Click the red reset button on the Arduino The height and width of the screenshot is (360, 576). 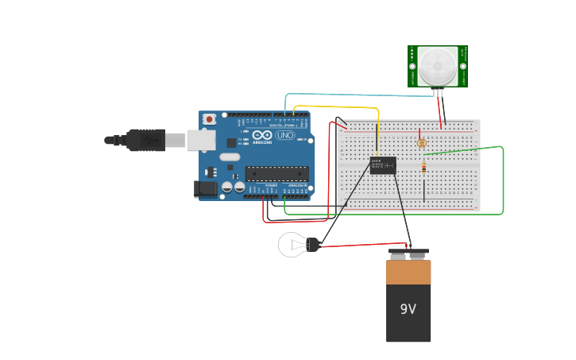(x=209, y=119)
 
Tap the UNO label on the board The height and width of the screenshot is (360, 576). (x=284, y=136)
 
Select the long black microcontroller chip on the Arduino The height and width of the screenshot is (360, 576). (x=276, y=173)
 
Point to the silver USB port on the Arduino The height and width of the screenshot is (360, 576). (x=201, y=141)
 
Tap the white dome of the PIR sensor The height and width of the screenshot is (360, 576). (x=437, y=65)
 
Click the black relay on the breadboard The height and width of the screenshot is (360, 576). (x=383, y=165)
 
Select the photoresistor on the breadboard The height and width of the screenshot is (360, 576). (x=422, y=143)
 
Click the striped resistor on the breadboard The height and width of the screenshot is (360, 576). (x=423, y=167)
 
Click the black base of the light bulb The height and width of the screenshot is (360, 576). (x=312, y=245)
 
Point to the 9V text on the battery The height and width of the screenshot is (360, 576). (x=408, y=309)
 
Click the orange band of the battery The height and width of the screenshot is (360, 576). (x=408, y=273)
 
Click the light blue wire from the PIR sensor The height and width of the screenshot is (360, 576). (x=342, y=94)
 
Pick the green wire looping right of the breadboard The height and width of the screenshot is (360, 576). (x=503, y=183)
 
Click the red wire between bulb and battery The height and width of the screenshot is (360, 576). (x=365, y=246)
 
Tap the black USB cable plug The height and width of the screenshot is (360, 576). (x=145, y=140)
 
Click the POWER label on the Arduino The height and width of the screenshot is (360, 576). (x=271, y=184)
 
